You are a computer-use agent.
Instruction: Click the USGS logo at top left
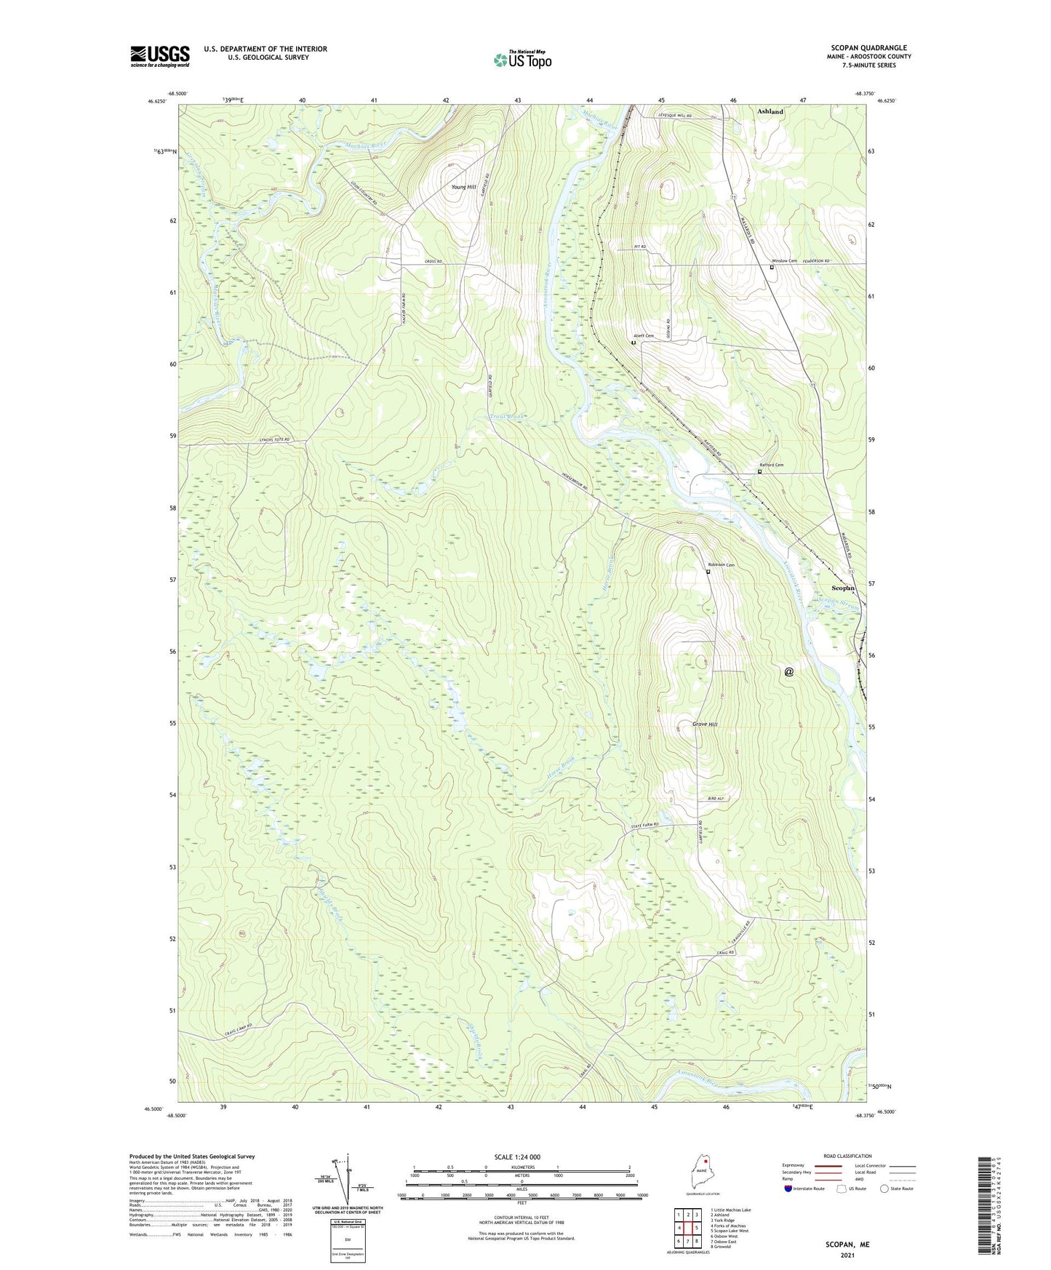coord(160,56)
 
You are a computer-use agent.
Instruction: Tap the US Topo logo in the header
coord(522,60)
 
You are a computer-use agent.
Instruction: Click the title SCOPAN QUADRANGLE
coord(868,48)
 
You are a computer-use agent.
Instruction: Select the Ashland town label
coord(770,111)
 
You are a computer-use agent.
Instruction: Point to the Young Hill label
coord(463,187)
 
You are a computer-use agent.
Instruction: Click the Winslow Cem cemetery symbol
coord(772,267)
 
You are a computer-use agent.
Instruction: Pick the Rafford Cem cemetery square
coord(759,471)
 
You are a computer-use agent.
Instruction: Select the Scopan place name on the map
coord(843,588)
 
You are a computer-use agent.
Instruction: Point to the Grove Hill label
coord(705,724)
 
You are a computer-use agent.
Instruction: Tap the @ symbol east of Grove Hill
coord(789,672)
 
